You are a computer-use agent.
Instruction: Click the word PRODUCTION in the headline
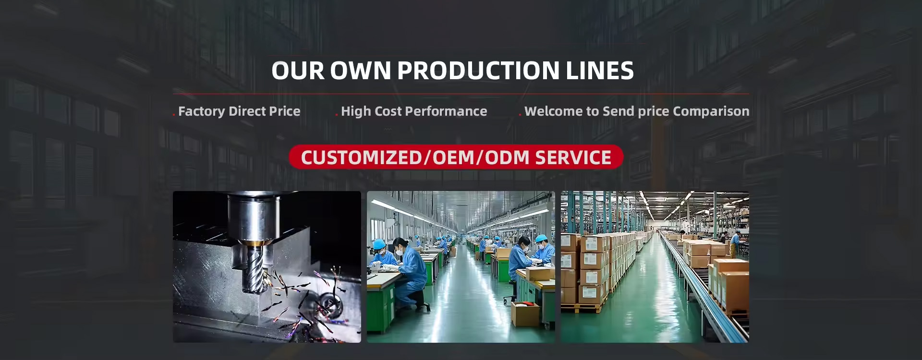click(x=478, y=70)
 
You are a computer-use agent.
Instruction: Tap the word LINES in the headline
click(x=600, y=70)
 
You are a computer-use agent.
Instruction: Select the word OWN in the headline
click(x=361, y=70)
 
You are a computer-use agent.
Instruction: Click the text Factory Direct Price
click(x=239, y=111)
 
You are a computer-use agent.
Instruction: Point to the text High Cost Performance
click(x=414, y=111)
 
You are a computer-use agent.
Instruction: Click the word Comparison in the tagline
click(x=711, y=111)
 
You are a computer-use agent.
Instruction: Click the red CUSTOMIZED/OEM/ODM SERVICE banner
click(x=456, y=157)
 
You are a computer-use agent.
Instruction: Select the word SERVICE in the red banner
click(x=573, y=157)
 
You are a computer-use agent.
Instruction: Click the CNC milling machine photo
click(x=267, y=267)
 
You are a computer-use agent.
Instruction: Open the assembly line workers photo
click(x=461, y=267)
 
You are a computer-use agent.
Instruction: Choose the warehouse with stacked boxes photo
click(x=655, y=267)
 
